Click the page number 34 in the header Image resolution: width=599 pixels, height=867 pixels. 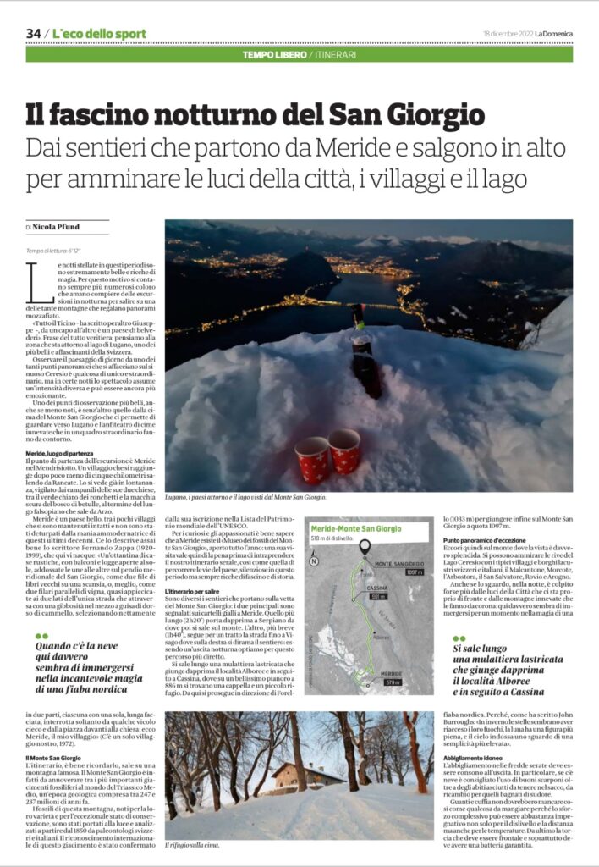coord(34,33)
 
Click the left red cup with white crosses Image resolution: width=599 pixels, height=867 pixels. coord(312,460)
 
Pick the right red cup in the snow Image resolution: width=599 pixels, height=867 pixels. coord(344,450)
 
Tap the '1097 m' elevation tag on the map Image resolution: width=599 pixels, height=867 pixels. coord(414,572)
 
